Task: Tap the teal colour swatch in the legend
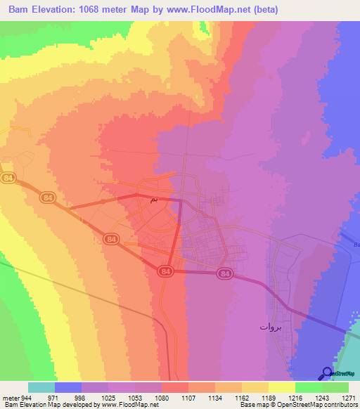click(x=41, y=387)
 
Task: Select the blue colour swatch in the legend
click(x=68, y=387)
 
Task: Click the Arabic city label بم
click(x=154, y=200)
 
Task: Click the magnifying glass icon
click(x=328, y=373)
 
